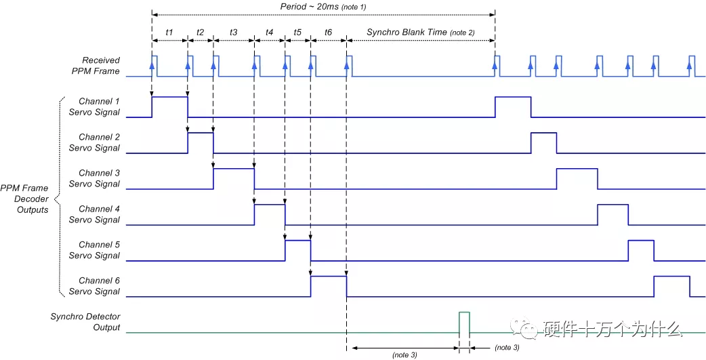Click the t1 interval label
point(169,33)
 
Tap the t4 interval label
point(269,33)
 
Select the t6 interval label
point(328,33)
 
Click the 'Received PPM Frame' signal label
point(101,65)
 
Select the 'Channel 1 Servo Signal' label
point(95,107)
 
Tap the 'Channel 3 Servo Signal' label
point(95,178)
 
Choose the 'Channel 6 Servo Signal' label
point(95,286)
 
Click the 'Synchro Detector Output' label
point(85,322)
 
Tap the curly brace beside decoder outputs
point(60,197)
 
